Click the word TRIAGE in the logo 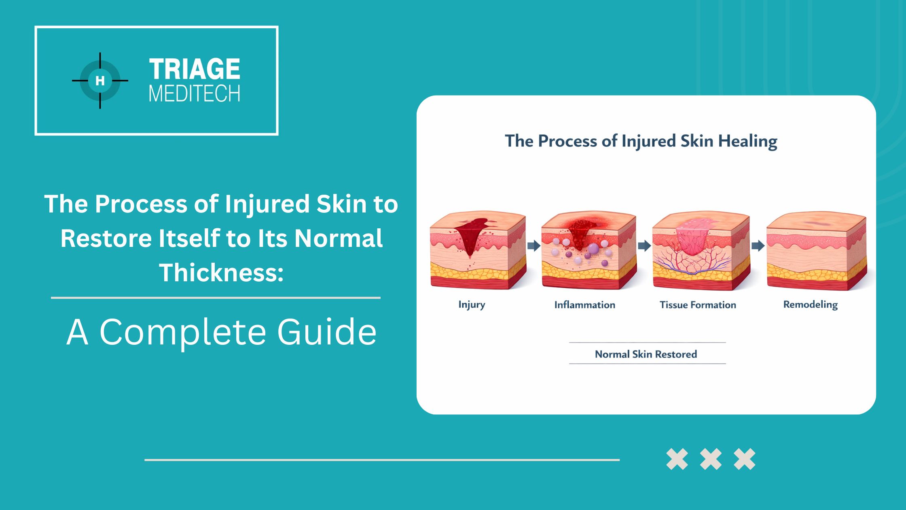pyautogui.click(x=195, y=69)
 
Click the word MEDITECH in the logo pyautogui.click(x=195, y=94)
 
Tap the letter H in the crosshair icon pyautogui.click(x=100, y=81)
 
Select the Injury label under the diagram pyautogui.click(x=472, y=305)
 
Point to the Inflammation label pyautogui.click(x=584, y=305)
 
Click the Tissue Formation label pyautogui.click(x=698, y=305)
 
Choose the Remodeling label pyautogui.click(x=811, y=305)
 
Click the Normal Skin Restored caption pyautogui.click(x=646, y=354)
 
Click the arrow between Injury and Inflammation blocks pyautogui.click(x=534, y=245)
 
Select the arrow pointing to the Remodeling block pyautogui.click(x=758, y=245)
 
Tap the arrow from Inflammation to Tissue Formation pyautogui.click(x=644, y=245)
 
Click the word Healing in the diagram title pyautogui.click(x=747, y=141)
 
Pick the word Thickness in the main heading pyautogui.click(x=221, y=272)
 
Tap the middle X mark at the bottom pyautogui.click(x=711, y=459)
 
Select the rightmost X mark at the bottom pyautogui.click(x=745, y=459)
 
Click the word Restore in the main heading pyautogui.click(x=106, y=238)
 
